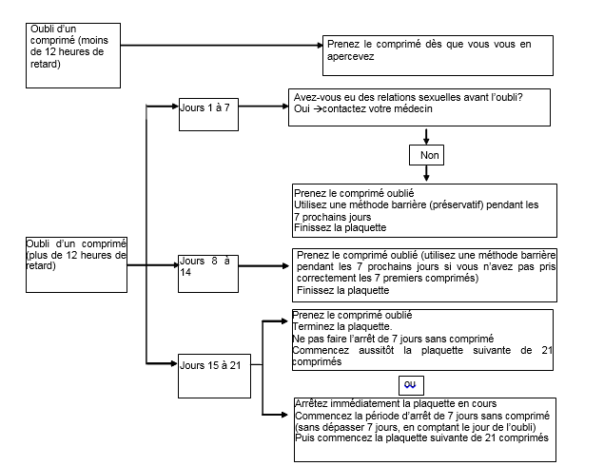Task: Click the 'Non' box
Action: pos(426,155)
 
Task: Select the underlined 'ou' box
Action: pos(411,385)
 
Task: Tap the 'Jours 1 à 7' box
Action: pos(208,114)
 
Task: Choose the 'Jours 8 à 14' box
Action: pos(208,274)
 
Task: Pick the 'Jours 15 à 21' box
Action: pos(214,376)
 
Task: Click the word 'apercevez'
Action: pos(351,57)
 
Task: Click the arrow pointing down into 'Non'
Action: pos(426,136)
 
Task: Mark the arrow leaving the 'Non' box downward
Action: pos(426,173)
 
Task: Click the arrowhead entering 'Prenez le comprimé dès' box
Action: pos(320,46)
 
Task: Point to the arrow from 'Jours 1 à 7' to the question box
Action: pos(263,107)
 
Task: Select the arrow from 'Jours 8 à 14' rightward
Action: pos(263,265)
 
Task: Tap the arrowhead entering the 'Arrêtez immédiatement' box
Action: pos(284,415)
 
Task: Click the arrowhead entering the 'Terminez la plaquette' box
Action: pos(284,320)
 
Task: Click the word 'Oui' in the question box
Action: pos(302,109)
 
